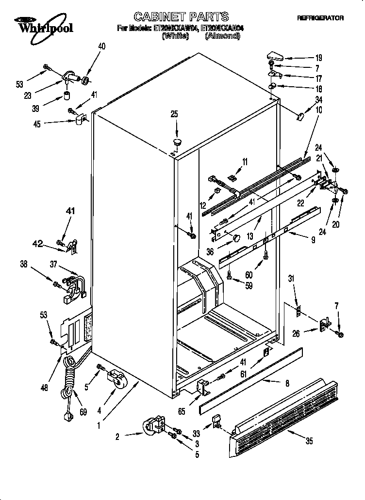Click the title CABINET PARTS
[x=181, y=17]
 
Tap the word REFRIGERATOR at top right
[x=320, y=18]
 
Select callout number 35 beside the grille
[x=309, y=441]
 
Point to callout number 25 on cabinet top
[x=174, y=114]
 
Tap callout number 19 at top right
[x=319, y=57]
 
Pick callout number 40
[x=101, y=47]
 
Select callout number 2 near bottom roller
[x=117, y=437]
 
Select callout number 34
[x=318, y=99]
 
